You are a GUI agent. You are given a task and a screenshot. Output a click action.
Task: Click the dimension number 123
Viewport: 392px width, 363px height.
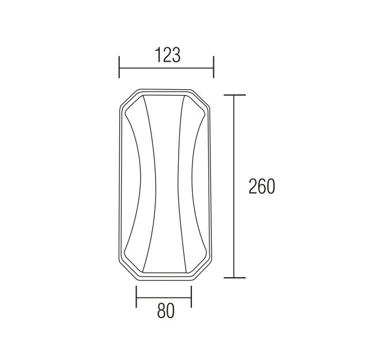tap(168, 55)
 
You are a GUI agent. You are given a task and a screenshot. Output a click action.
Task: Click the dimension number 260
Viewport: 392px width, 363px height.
tap(262, 186)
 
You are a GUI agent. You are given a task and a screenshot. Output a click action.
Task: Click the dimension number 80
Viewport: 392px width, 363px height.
tap(165, 311)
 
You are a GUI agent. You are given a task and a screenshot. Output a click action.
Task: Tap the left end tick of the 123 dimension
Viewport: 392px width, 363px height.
tap(119, 67)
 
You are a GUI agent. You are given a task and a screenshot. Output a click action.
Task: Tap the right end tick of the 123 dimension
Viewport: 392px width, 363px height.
tap(213, 67)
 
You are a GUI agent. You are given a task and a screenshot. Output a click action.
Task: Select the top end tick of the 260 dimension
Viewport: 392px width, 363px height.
tap(235, 95)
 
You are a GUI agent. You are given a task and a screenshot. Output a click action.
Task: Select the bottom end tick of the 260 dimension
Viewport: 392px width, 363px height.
tap(235, 277)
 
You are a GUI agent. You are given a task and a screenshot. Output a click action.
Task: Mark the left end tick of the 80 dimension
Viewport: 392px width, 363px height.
tap(136, 297)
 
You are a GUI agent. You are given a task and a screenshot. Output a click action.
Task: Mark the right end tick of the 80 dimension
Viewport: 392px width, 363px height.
tap(191, 297)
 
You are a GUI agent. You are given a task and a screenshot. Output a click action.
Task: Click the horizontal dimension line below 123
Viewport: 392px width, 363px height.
tap(166, 67)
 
